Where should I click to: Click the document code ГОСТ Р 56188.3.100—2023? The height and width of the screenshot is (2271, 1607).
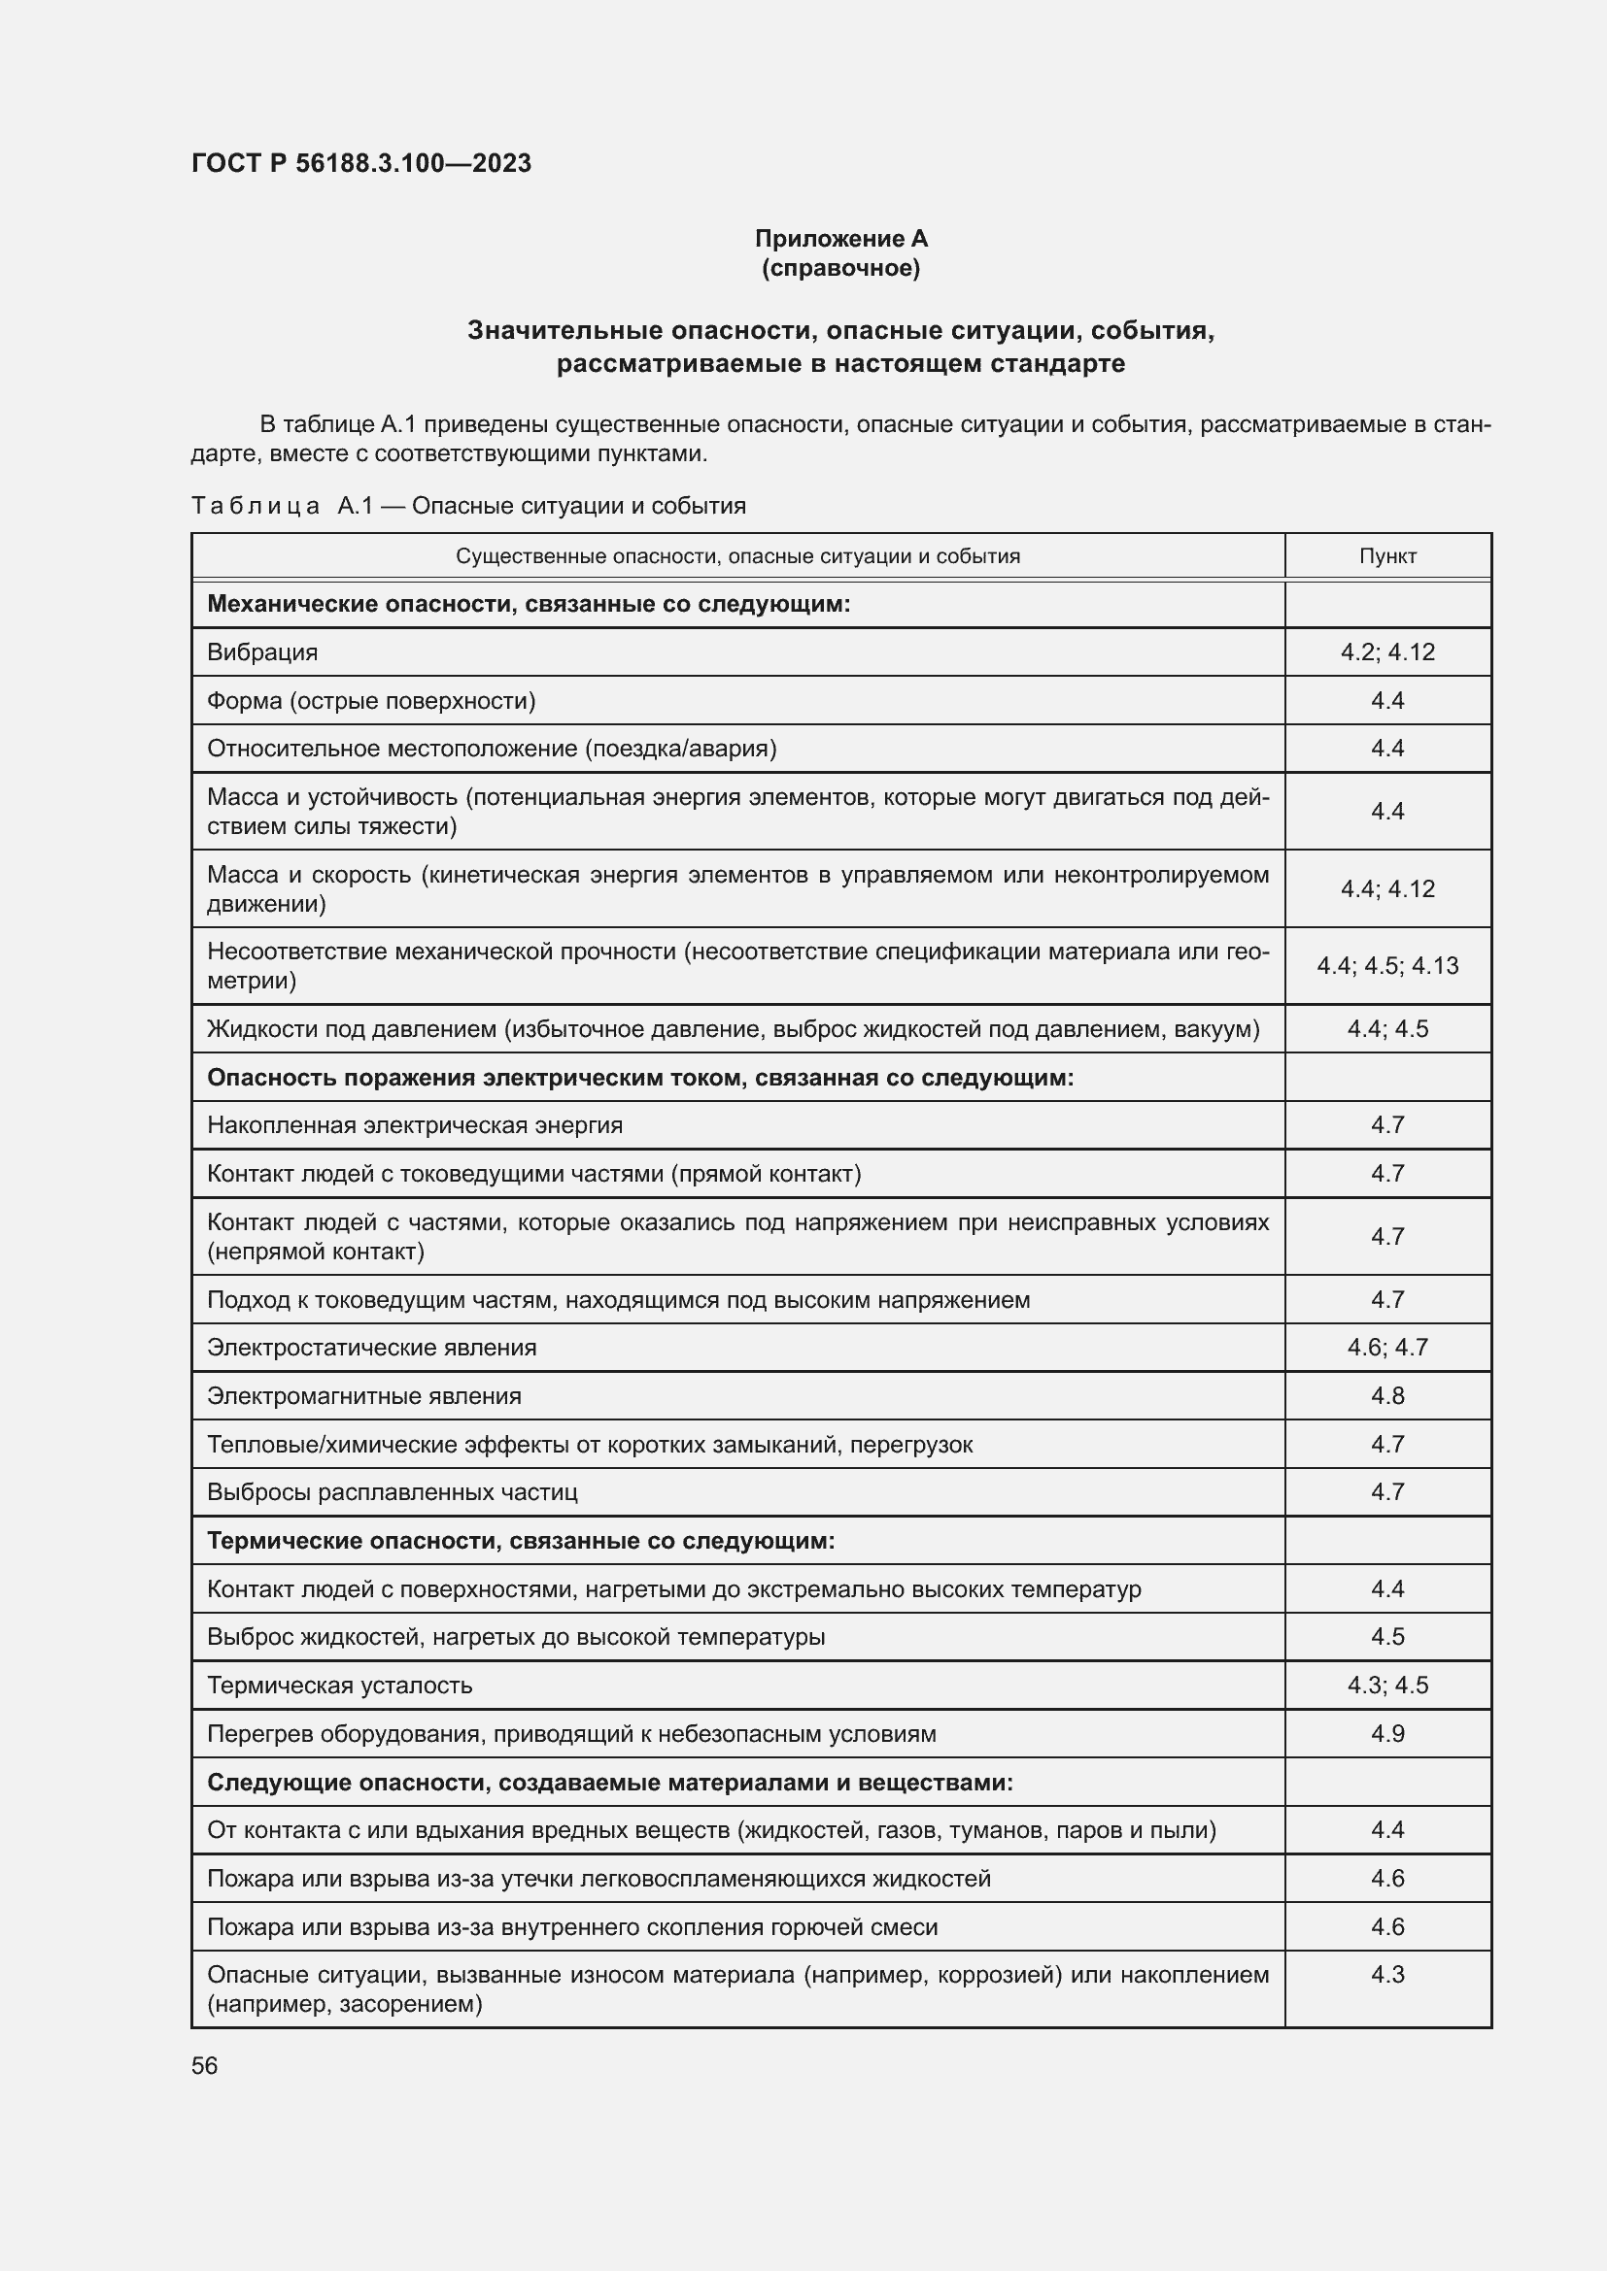click(361, 163)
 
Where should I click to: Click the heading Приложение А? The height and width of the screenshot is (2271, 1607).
click(840, 239)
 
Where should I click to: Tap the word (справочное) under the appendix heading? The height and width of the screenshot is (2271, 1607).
click(840, 268)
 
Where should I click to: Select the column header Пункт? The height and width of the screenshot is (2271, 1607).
click(1386, 556)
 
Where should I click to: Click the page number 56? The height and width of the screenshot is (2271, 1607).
click(205, 2065)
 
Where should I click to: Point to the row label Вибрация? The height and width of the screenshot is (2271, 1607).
click(262, 651)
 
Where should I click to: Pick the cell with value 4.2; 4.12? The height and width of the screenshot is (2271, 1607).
click(1386, 651)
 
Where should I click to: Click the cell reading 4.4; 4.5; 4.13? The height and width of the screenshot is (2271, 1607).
click(1386, 965)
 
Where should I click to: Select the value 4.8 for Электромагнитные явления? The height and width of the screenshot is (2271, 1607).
click(1386, 1395)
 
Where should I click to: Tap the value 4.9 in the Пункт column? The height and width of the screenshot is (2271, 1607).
click(1386, 1733)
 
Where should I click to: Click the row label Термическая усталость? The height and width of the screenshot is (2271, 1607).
click(339, 1685)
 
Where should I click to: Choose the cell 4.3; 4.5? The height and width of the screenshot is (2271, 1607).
click(1386, 1685)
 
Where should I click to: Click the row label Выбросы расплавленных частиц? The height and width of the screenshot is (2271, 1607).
click(392, 1491)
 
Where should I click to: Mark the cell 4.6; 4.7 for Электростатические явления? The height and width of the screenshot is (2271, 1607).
click(1386, 1348)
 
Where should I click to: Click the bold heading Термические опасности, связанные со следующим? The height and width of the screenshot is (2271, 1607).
click(521, 1540)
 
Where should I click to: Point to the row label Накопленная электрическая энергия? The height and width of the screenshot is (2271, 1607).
click(415, 1124)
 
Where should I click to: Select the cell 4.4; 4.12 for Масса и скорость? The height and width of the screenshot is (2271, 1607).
click(1386, 888)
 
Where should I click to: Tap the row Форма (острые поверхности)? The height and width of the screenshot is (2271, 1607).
click(371, 700)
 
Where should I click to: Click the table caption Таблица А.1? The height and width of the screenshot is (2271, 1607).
click(468, 506)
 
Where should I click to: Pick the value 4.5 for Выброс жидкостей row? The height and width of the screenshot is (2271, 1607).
click(1386, 1636)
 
